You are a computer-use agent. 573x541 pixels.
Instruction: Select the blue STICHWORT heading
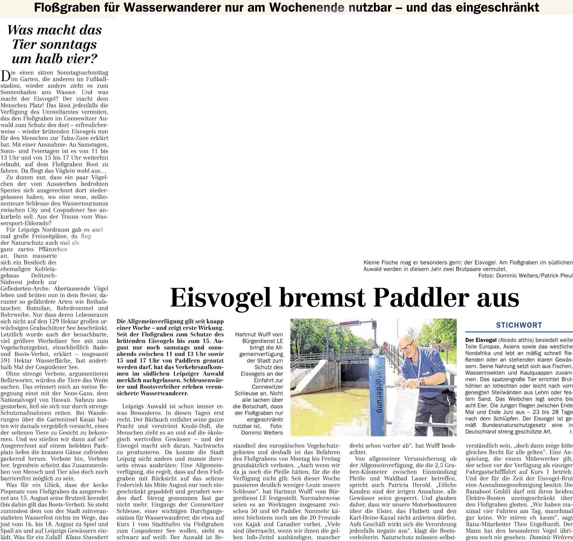[519, 325]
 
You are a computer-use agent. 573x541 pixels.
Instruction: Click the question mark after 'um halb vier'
[94, 59]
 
